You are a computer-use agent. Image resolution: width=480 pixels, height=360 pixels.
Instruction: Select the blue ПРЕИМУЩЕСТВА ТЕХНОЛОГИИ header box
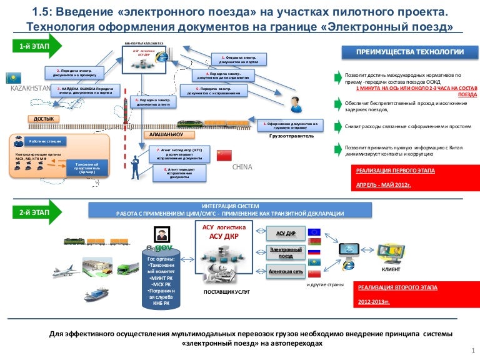[x=409, y=52]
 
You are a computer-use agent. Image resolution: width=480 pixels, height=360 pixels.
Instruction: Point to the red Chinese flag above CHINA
[x=224, y=155]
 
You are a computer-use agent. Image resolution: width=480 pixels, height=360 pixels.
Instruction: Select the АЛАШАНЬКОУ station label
[x=166, y=134]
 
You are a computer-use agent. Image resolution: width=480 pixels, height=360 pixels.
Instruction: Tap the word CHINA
[x=242, y=167]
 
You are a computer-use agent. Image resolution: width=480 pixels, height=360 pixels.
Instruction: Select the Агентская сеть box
[x=285, y=273]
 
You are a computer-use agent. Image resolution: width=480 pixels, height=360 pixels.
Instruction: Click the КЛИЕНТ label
[x=391, y=269]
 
